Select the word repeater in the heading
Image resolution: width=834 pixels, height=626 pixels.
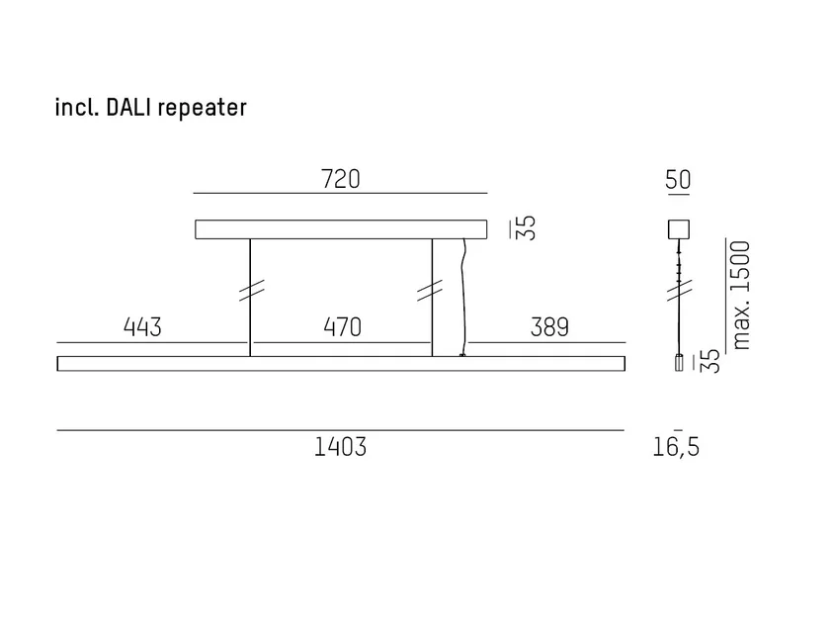pyautogui.click(x=203, y=109)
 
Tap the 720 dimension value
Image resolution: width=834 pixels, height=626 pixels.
pyautogui.click(x=340, y=179)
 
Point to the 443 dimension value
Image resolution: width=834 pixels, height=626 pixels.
pyautogui.click(x=142, y=326)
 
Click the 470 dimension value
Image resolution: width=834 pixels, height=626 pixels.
pyautogui.click(x=343, y=326)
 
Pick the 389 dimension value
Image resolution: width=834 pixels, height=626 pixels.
pyautogui.click(x=549, y=326)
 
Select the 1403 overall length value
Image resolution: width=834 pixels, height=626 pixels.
pyautogui.click(x=340, y=447)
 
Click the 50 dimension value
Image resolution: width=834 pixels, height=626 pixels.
pyautogui.click(x=678, y=179)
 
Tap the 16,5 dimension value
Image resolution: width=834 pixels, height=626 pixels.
pyautogui.click(x=676, y=447)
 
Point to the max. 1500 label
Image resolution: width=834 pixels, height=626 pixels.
pyautogui.click(x=741, y=295)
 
